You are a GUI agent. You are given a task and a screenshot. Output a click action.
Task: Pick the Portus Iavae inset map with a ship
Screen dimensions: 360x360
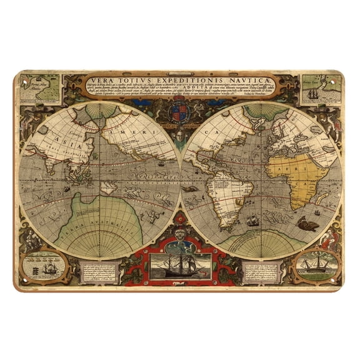point(319,88)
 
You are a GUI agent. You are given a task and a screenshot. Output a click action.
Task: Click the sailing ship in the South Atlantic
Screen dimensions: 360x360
point(252,220)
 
